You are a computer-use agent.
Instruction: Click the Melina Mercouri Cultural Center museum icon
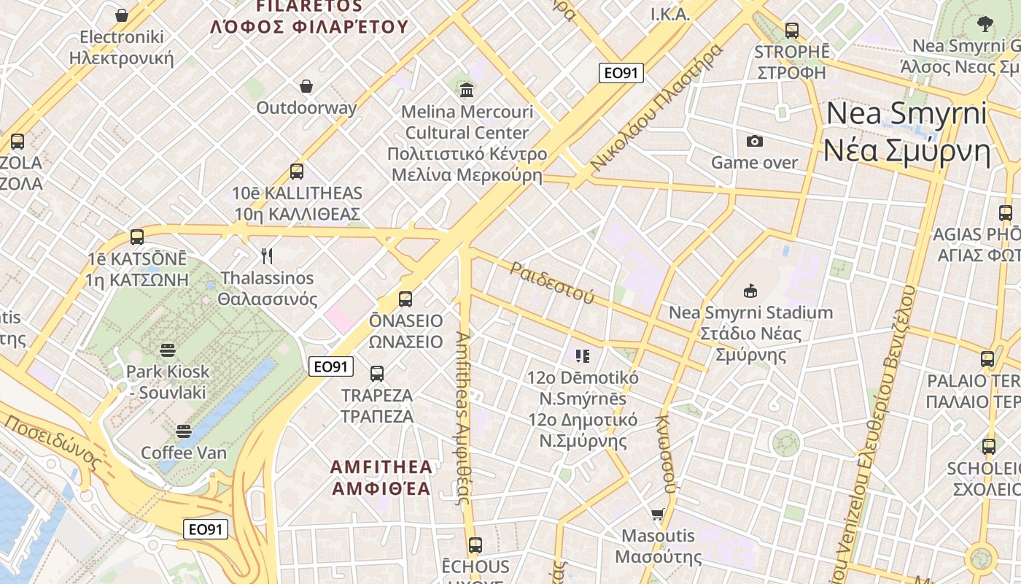[x=467, y=90]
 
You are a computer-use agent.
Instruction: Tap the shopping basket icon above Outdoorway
[x=307, y=86]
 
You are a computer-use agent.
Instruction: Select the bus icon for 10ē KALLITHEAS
[x=297, y=172]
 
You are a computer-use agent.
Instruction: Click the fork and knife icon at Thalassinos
[x=267, y=256]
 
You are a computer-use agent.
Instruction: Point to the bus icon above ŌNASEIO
[x=405, y=299]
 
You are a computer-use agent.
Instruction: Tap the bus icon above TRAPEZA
[x=377, y=374]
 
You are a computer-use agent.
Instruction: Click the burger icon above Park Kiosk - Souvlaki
[x=168, y=350]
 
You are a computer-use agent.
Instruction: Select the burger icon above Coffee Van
[x=184, y=431]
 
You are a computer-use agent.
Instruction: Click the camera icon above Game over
[x=755, y=141]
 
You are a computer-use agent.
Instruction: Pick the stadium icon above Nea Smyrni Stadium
[x=750, y=291]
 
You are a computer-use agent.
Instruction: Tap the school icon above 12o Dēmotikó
[x=582, y=356]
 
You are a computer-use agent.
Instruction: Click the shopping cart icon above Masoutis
[x=658, y=514]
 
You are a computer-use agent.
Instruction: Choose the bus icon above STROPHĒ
[x=792, y=31]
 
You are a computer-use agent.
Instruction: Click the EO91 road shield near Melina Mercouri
[x=621, y=73]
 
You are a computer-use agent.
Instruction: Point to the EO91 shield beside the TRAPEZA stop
[x=331, y=366]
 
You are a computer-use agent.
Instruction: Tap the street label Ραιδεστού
[x=552, y=283]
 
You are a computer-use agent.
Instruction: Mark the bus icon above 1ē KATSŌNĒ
[x=137, y=237]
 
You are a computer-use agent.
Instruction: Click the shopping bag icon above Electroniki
[x=122, y=15]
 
